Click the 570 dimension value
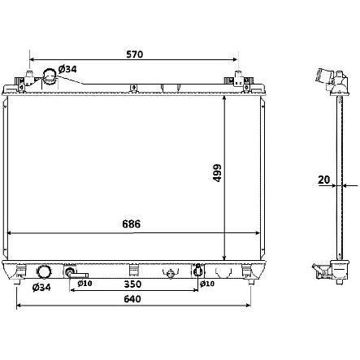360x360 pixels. tap(134, 54)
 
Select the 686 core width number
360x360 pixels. tap(132, 224)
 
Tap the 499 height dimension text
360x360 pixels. tap(217, 173)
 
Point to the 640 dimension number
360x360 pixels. tap(132, 299)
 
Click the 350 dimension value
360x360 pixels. tap(132, 284)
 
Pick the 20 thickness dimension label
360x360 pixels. tap(323, 180)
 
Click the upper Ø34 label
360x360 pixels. tap(67, 69)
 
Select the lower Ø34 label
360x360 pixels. tap(41, 287)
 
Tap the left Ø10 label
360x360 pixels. tap(85, 284)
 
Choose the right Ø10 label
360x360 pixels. tap(207, 284)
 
